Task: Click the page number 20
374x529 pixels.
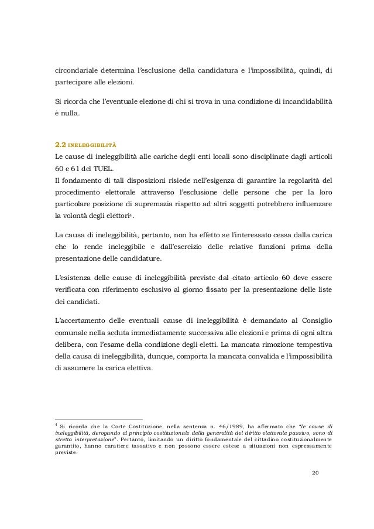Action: (315, 472)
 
